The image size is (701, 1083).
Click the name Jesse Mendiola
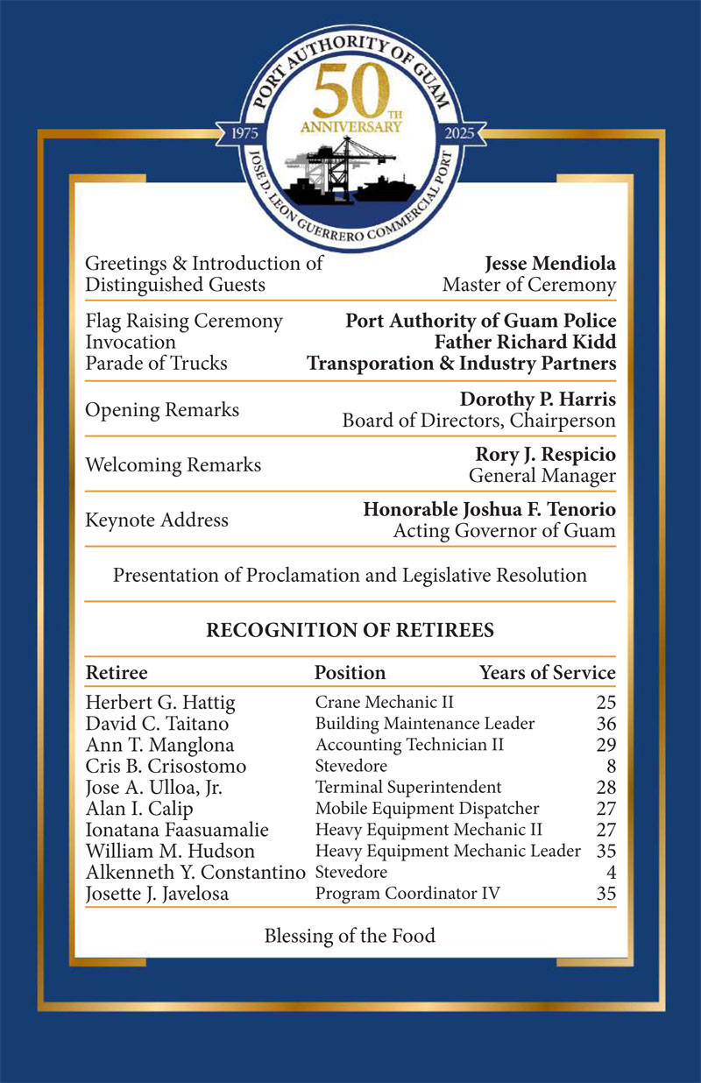coord(549,264)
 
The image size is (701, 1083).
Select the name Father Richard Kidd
coord(525,342)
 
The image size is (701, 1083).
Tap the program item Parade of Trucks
coord(156,363)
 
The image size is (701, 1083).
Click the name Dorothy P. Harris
coord(537,400)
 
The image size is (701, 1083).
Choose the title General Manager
coord(542,476)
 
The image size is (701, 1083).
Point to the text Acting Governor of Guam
coord(504,531)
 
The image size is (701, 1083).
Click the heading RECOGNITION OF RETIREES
coord(350,630)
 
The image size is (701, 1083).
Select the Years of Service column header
coord(547,673)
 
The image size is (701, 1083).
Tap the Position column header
coord(350,673)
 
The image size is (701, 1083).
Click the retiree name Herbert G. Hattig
coord(160,703)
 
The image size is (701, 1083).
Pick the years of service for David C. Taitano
coord(605,725)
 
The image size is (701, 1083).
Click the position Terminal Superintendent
coord(408,788)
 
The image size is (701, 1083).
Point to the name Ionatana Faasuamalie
coord(176,830)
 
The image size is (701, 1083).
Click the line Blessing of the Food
coord(350,936)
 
